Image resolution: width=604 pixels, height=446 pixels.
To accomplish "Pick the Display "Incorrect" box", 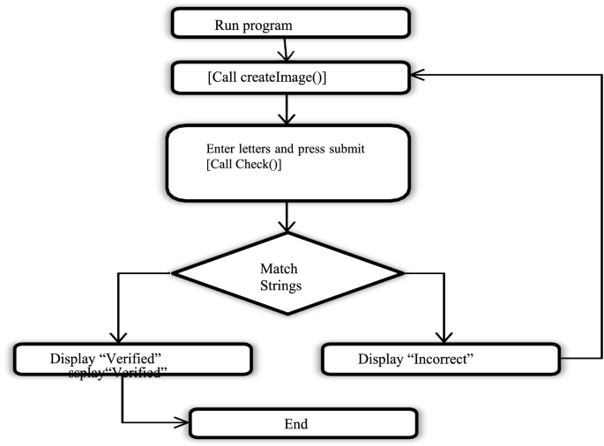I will click(x=441, y=359).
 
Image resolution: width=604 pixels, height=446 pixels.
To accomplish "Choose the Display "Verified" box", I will click(x=133, y=358).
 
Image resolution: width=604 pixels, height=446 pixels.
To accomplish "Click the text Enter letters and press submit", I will click(x=285, y=149).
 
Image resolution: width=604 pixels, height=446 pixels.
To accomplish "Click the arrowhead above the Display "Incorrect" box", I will click(x=443, y=339).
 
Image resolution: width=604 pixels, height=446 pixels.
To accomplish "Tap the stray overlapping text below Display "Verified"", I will click(x=119, y=373).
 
